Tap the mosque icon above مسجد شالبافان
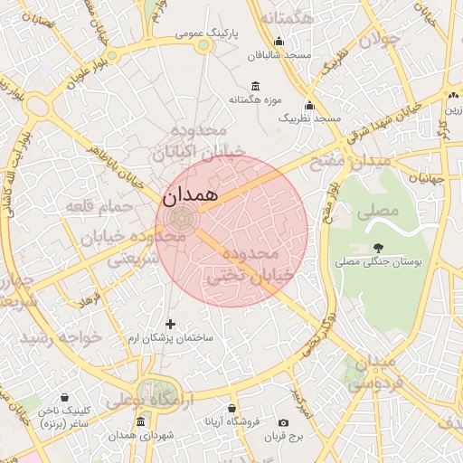279,41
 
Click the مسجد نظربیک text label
309,118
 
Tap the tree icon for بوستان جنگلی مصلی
377,246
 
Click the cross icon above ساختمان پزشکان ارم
171,323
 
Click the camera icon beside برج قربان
284,422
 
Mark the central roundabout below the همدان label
181,218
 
